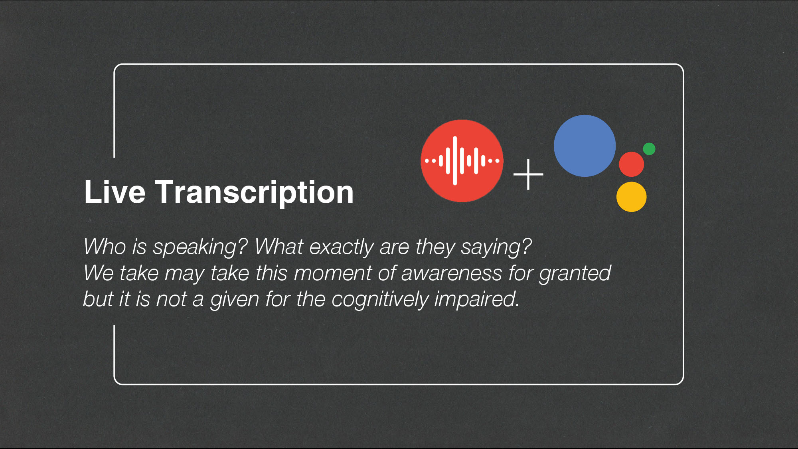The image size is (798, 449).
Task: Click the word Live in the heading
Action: [115, 192]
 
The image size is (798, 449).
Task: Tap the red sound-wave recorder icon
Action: [462, 161]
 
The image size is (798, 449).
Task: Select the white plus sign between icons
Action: [528, 174]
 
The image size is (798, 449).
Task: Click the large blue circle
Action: [585, 146]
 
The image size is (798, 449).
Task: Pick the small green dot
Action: [649, 149]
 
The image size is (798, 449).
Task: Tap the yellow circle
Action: [631, 197]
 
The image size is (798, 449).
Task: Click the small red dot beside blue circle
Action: [631, 164]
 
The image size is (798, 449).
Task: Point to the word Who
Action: [105, 247]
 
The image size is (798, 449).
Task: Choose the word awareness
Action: [451, 274]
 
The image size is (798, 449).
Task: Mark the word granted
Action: [575, 274]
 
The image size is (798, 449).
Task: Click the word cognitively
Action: [379, 300]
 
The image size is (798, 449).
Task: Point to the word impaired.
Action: [477, 300]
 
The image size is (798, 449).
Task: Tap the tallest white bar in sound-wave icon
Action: [455, 161]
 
